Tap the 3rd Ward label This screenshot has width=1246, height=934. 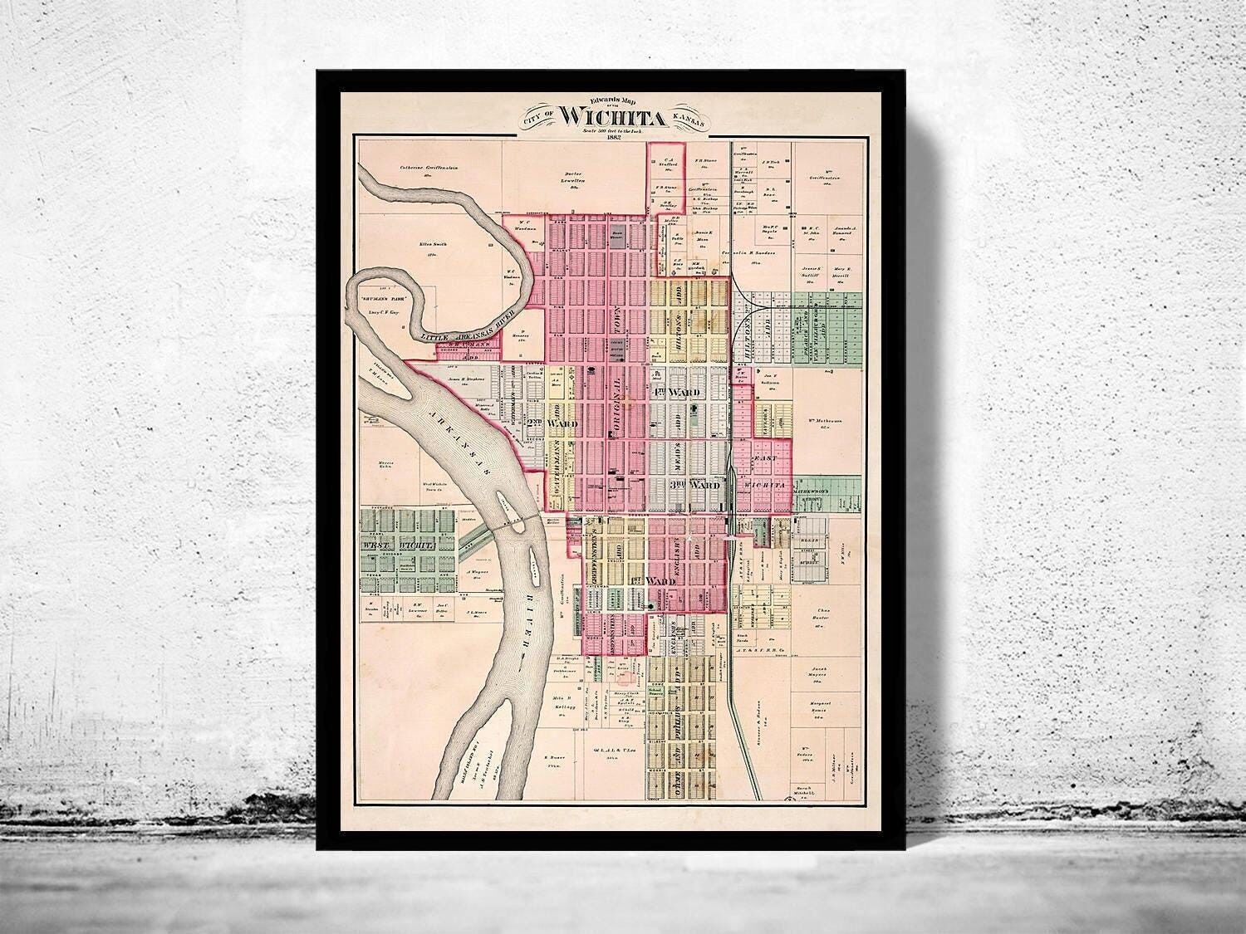[x=694, y=484]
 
